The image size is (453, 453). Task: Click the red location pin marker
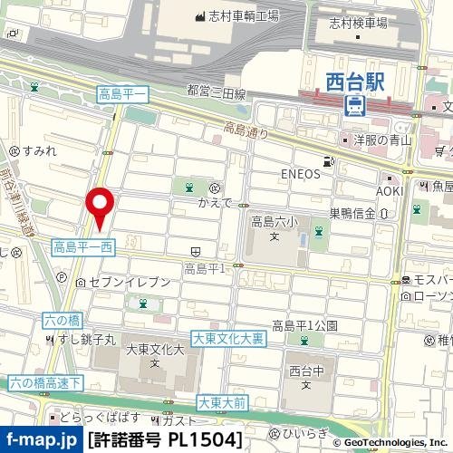point(99,207)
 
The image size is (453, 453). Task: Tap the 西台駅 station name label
point(356,81)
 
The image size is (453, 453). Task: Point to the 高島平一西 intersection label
point(82,246)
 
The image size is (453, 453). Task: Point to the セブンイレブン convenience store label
point(130,283)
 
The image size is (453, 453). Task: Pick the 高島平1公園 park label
point(304,325)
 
